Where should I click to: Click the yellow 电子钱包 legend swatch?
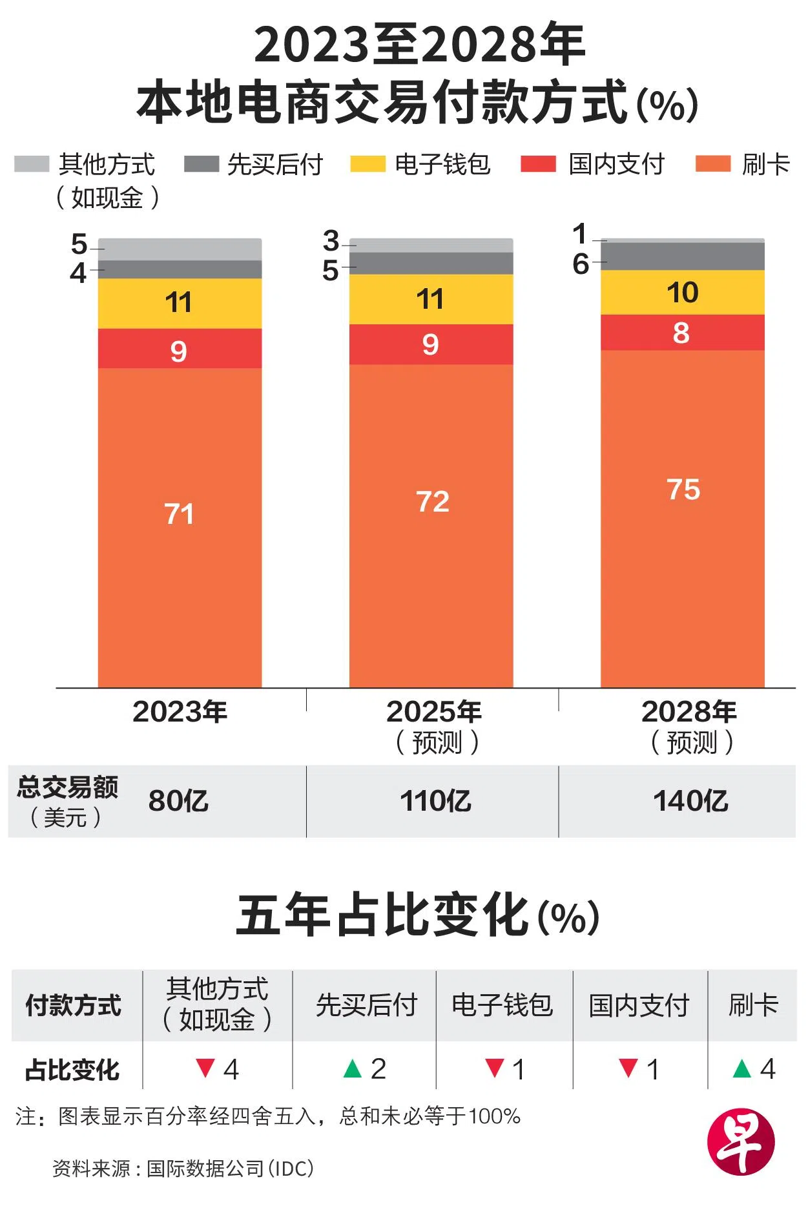point(368,164)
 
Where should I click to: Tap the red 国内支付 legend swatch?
point(538,164)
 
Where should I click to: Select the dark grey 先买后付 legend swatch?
point(201,164)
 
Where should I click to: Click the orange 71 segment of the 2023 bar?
point(180,526)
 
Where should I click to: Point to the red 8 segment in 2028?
point(682,333)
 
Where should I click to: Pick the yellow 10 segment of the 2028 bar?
point(682,293)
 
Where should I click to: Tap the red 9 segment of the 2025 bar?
point(431,344)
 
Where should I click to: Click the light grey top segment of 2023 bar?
point(180,249)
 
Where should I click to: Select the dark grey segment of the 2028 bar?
point(682,256)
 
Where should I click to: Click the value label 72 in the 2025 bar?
point(432,502)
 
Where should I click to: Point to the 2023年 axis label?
point(180,712)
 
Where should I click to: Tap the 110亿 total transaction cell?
point(435,801)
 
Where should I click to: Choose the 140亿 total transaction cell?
point(690,801)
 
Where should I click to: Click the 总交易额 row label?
point(67,787)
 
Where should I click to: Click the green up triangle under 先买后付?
point(353,1069)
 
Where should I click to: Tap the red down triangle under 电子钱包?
point(494,1068)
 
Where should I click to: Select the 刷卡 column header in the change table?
point(753,1005)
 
